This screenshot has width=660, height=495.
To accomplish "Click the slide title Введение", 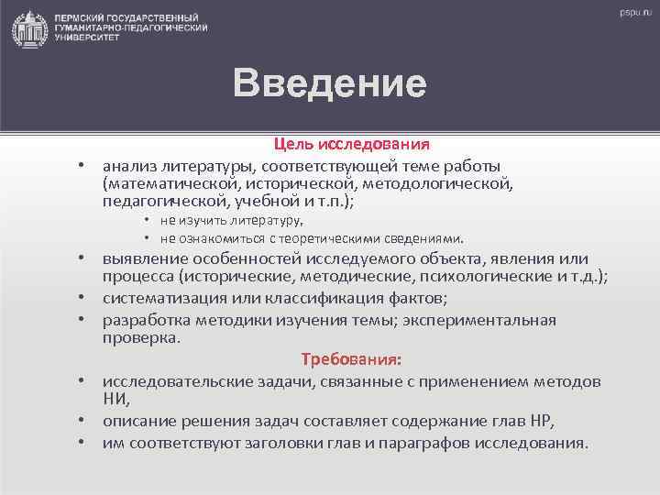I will [329, 82].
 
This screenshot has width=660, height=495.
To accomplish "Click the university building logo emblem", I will [29, 29].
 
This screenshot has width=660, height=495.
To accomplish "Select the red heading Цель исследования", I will [352, 145].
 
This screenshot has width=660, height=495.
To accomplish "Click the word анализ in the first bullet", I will [130, 166].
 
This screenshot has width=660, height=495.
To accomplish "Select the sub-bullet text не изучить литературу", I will [231, 220].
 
